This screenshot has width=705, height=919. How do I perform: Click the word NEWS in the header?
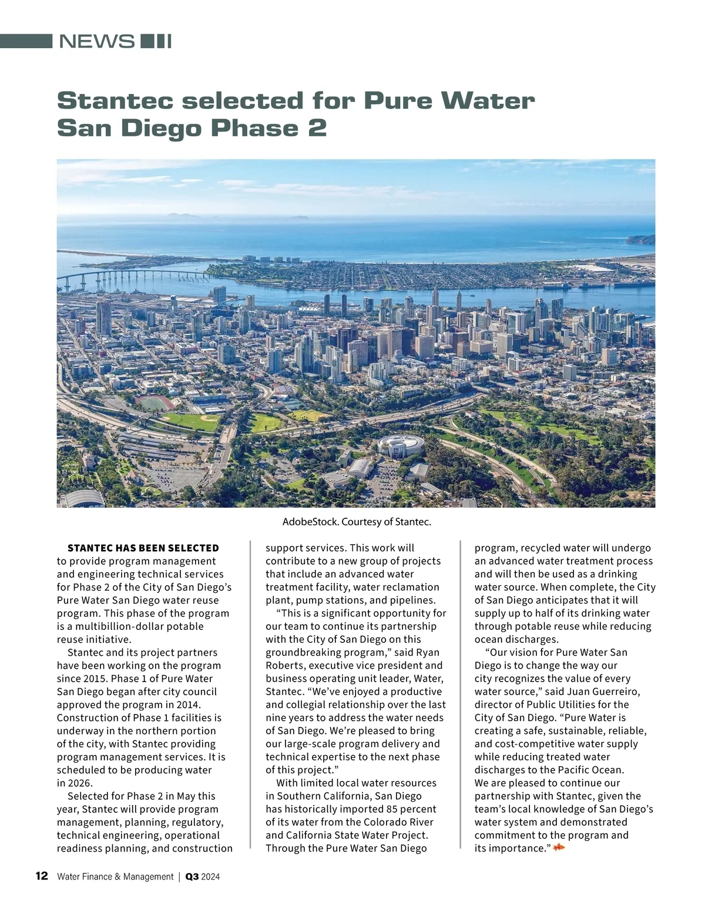point(97,42)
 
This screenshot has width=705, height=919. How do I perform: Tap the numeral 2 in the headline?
point(317,129)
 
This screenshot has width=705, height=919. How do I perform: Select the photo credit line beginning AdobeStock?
point(357,522)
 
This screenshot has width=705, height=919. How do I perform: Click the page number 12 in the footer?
point(42,876)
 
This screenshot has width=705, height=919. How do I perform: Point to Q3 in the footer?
point(192,877)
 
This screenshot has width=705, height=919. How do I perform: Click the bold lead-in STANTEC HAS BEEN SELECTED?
point(143,548)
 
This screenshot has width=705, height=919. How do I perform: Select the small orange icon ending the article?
point(559,847)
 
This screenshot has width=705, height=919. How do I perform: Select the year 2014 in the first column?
point(187,705)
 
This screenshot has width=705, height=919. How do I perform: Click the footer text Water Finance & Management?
point(115,877)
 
